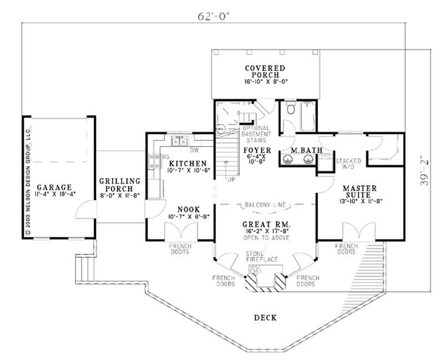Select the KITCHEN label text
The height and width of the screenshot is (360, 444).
click(x=188, y=163)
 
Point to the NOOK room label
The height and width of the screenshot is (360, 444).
click(x=188, y=209)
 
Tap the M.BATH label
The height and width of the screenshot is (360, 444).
click(x=300, y=150)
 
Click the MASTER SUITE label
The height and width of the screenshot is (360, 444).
click(x=359, y=189)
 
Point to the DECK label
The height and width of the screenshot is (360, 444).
click(x=265, y=318)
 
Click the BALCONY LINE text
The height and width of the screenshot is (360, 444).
click(x=265, y=205)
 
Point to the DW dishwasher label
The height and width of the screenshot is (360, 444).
click(x=195, y=150)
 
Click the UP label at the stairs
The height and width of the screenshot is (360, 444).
click(x=229, y=180)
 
